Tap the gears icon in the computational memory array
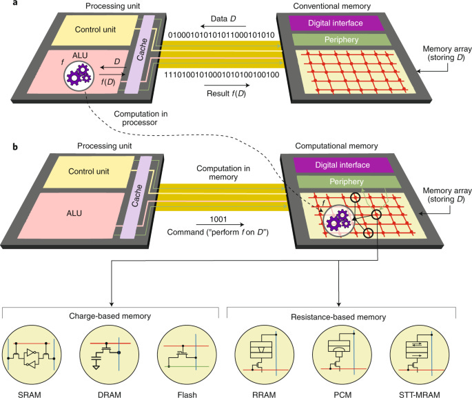tap(338, 222)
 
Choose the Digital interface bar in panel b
tap(342, 165)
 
